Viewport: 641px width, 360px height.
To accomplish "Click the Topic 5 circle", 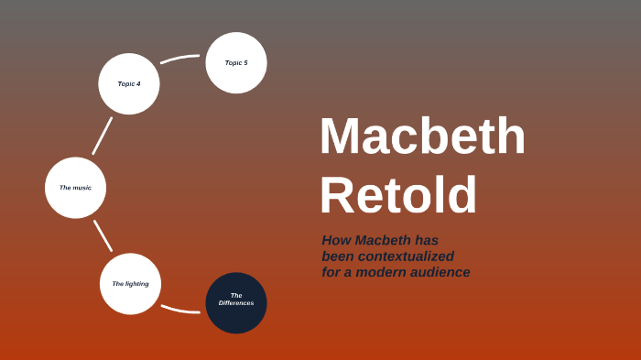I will tap(236, 62).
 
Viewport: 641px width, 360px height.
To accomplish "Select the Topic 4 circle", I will tap(129, 83).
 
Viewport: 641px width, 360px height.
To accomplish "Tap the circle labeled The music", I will tap(75, 188).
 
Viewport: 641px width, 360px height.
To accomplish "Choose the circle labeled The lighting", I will tap(130, 284).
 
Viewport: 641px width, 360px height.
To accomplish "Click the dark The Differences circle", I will tap(236, 303).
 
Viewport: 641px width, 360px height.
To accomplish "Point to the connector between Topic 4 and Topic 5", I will tap(179, 59).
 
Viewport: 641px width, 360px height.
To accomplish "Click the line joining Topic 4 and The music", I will tap(102, 136).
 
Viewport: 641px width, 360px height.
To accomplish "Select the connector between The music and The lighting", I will tap(103, 235).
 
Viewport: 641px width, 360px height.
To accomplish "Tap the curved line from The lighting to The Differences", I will tap(179, 309).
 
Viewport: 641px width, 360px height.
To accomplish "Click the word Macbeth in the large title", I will tap(422, 136).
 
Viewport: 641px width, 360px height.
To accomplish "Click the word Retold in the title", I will tap(398, 195).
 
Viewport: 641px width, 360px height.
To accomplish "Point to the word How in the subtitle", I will tap(336, 240).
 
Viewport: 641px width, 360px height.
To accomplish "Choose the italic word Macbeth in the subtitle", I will tap(383, 240).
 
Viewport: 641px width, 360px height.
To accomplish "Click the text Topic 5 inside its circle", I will tap(236, 62).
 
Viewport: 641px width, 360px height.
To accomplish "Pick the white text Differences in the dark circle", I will tap(236, 303).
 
